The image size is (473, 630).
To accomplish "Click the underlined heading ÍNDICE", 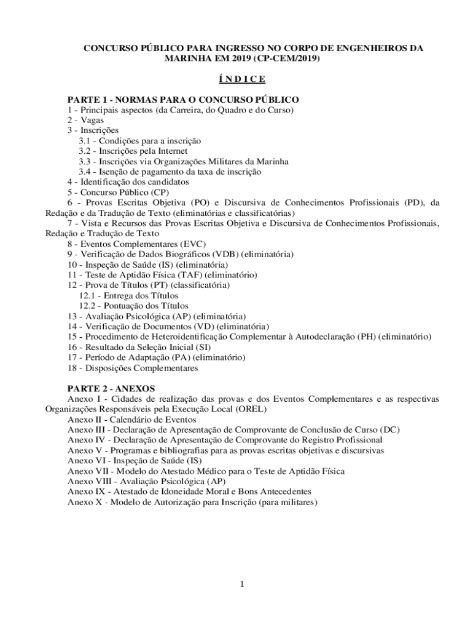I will pos(242,79).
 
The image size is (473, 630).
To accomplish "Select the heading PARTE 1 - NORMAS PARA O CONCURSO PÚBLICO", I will pos(183,100).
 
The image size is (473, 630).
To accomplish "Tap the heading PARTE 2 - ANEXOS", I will pos(111,388).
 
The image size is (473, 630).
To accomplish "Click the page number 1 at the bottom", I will pos(243,584).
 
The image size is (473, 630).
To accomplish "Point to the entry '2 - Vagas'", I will pos(85,120).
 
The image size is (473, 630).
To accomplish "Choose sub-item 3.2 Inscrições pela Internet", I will pos(133,151).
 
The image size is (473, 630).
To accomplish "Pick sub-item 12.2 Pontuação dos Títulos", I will pos(133,306).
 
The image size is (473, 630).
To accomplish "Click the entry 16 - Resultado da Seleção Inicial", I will pos(135,347).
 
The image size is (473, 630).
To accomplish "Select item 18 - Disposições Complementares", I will pos(133,368).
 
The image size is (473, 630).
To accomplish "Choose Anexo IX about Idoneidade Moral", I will pos(189,492).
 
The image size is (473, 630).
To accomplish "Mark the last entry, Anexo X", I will pos(192,502).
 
